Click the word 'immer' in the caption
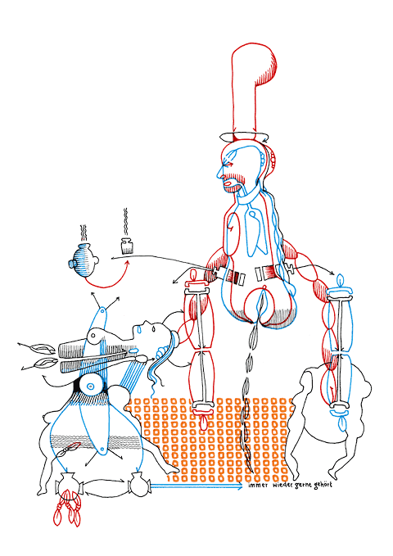pos(258,486)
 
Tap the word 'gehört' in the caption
pos(323,485)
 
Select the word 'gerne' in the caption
pos(302,486)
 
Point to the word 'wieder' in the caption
pos(282,485)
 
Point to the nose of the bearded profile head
pos(220,174)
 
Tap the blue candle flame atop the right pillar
pos(341,280)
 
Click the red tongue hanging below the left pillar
pos(203,421)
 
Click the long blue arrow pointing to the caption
pos(196,486)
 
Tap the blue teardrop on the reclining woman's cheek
pos(139,331)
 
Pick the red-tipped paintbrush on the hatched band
pos(70,449)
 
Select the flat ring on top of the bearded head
pos(244,137)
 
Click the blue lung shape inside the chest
pos(256,230)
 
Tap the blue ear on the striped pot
pos(72,264)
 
